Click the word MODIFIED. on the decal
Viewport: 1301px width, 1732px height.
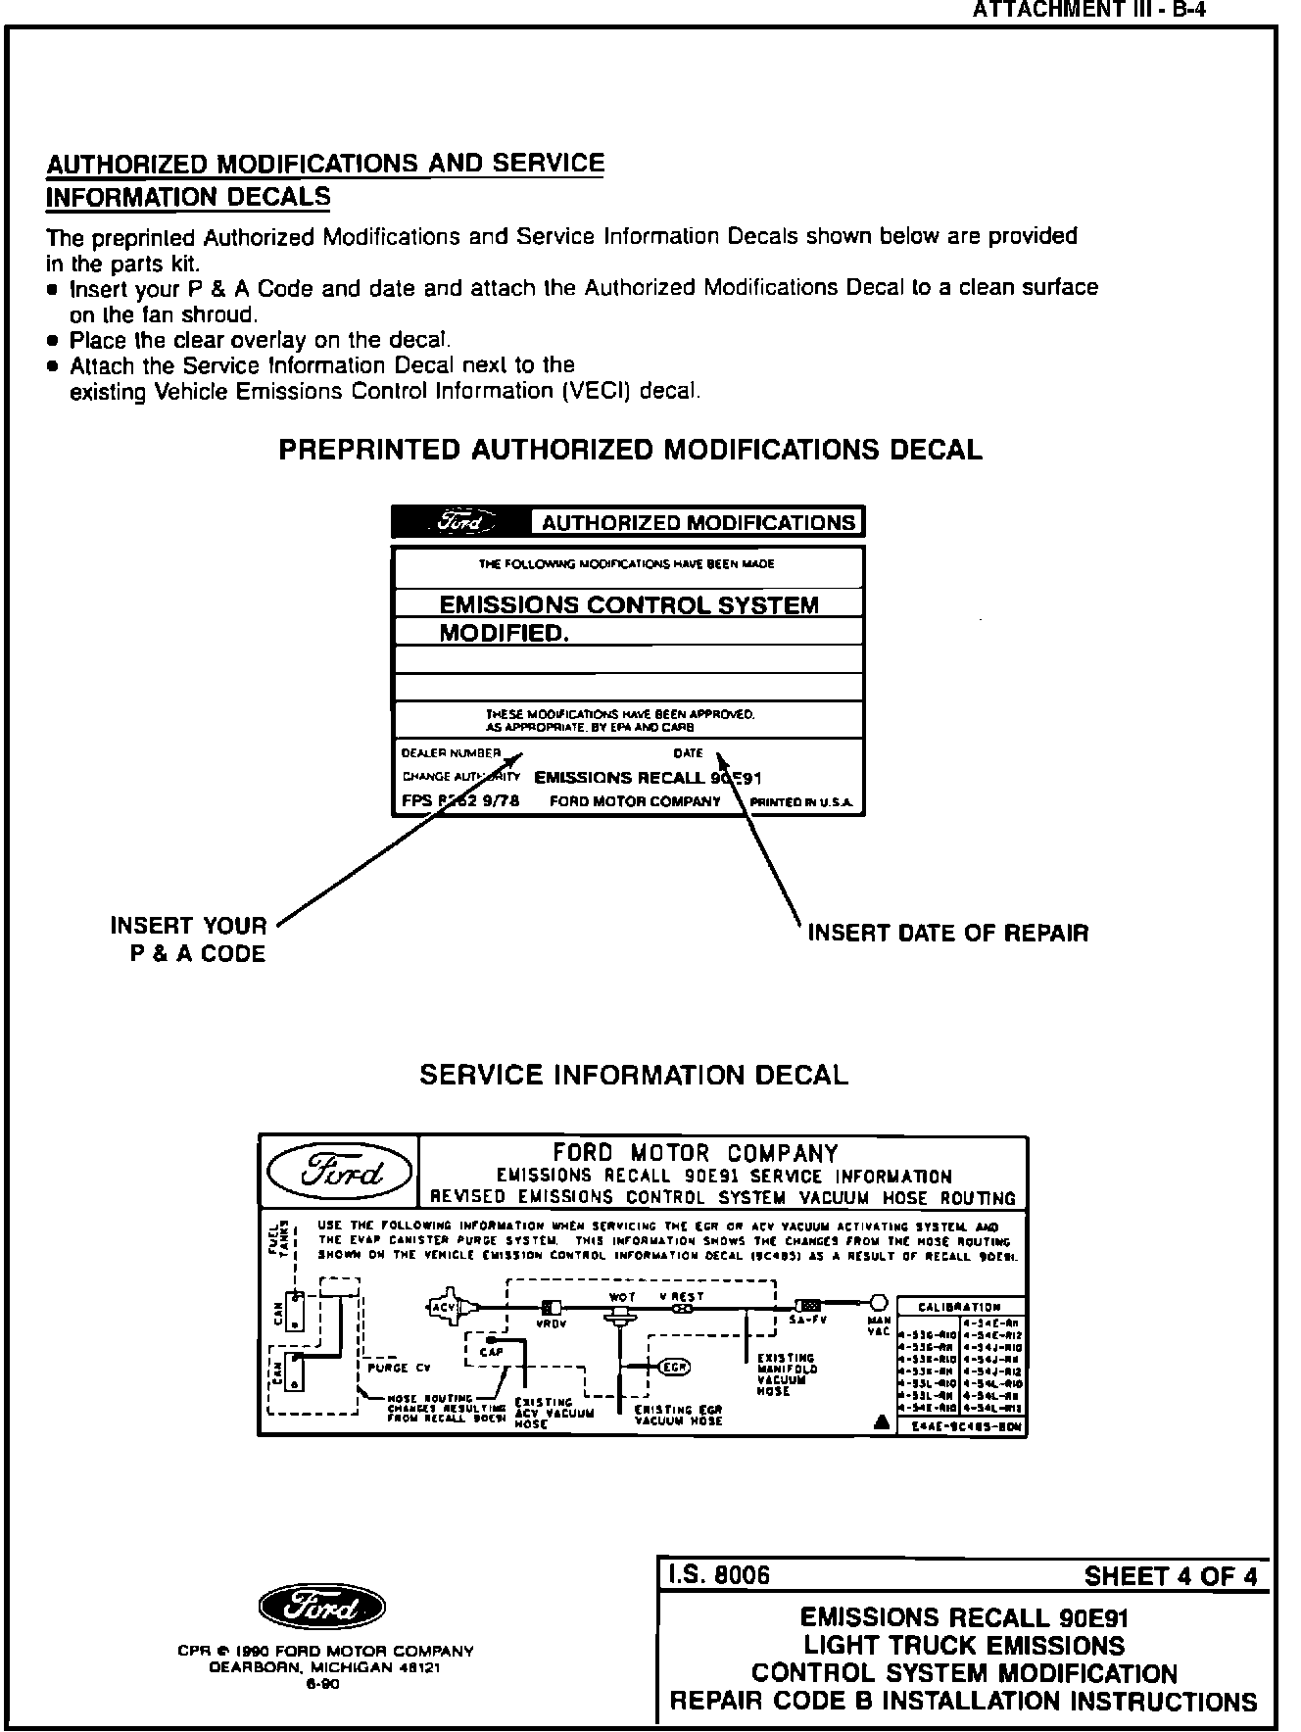[504, 633]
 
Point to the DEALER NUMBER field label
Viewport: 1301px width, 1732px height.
[451, 753]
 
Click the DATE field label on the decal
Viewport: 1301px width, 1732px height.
[688, 753]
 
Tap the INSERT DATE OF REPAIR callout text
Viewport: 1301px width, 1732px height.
[947, 933]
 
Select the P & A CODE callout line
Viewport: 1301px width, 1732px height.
[198, 954]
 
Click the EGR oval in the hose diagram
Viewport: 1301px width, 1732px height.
[673, 1367]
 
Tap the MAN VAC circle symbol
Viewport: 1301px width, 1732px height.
[879, 1303]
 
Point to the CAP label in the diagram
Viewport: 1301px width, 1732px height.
[491, 1352]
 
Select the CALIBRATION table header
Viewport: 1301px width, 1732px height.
[959, 1307]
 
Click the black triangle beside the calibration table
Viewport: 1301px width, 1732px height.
[881, 1421]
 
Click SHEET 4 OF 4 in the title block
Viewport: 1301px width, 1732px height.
[1170, 1576]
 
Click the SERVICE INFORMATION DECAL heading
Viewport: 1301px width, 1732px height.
[634, 1075]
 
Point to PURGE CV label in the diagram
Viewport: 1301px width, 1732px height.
[399, 1368]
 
